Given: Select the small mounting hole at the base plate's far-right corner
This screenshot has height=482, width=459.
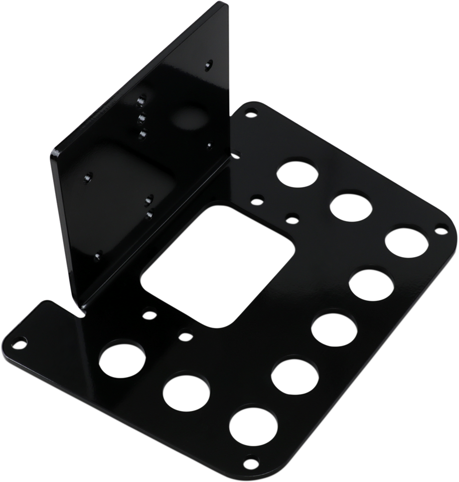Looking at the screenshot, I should (x=440, y=231).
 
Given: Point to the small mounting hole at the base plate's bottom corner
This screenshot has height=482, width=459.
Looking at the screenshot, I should (x=248, y=461).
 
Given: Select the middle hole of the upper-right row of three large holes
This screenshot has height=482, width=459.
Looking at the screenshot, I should (x=351, y=206).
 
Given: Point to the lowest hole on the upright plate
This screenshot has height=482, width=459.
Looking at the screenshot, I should (x=99, y=254).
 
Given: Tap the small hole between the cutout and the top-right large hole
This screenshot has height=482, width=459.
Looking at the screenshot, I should (x=256, y=202).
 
